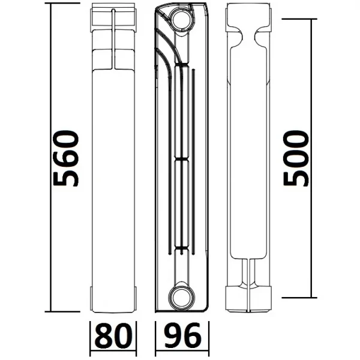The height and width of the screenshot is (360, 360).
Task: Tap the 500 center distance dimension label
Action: [296, 159]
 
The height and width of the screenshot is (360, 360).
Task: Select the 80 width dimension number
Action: [113, 337]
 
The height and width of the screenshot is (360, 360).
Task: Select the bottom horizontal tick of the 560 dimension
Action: [63, 311]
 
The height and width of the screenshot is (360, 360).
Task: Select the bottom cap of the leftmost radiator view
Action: [113, 297]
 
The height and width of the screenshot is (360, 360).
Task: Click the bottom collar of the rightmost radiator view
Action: [250, 296]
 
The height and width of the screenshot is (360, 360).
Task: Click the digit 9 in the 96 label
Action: [172, 337]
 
